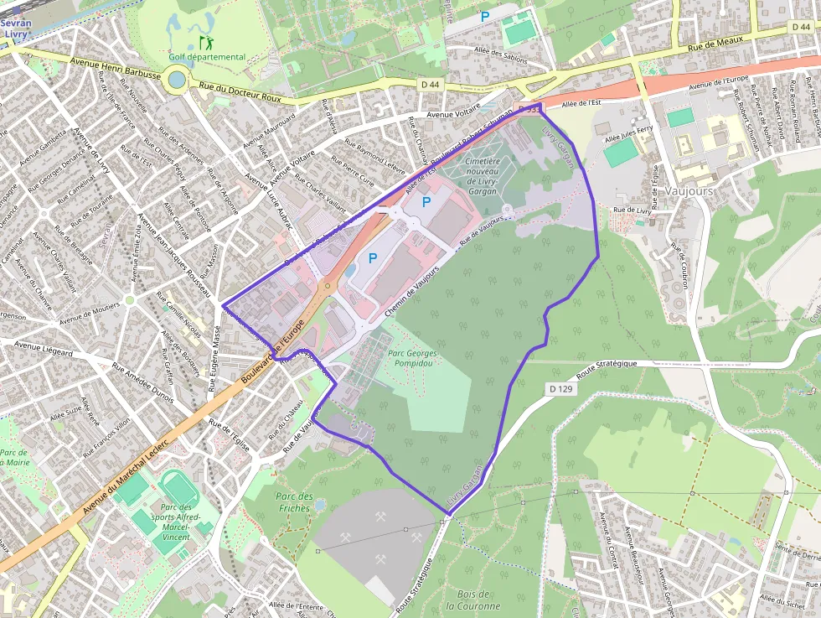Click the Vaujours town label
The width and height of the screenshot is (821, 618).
pos(687,191)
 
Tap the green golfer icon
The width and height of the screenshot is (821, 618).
pos(205,41)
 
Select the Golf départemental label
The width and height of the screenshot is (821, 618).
pos(207,57)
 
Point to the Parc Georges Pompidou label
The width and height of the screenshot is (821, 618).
pos(412,359)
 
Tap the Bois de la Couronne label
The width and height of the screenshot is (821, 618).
pos(473,600)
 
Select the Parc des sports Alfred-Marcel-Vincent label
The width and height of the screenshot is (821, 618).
pos(176,522)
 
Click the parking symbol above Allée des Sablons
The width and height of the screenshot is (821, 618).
pos(484,16)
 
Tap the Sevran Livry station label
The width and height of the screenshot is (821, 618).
pos(15,29)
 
